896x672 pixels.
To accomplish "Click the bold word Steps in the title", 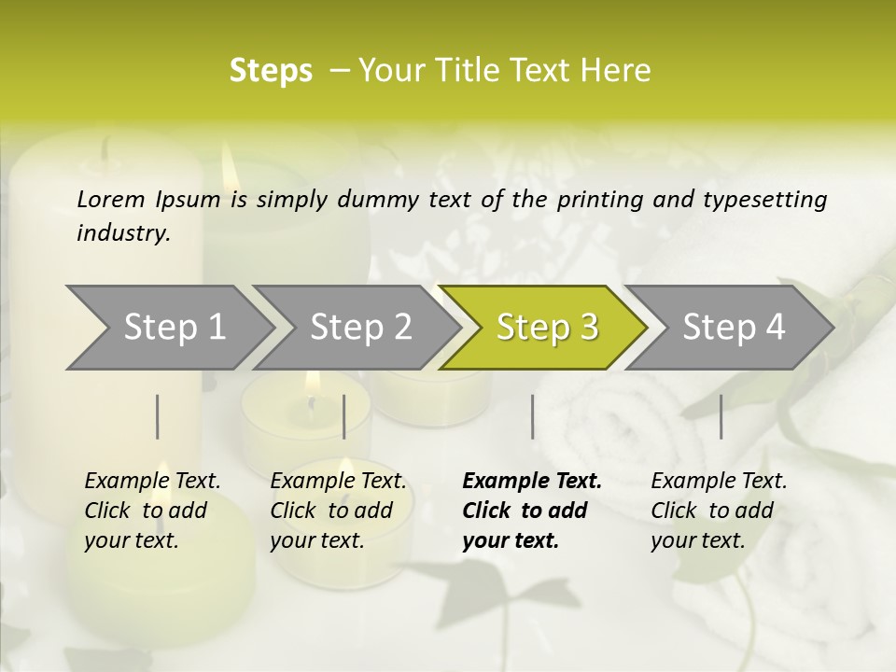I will pyautogui.click(x=271, y=71).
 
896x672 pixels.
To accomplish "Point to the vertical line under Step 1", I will pyautogui.click(x=158, y=416).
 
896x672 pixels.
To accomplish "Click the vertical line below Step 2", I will pyautogui.click(x=344, y=416).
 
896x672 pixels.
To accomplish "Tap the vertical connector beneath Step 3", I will pyautogui.click(x=532, y=416).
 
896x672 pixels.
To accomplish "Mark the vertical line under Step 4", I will pyautogui.click(x=721, y=416).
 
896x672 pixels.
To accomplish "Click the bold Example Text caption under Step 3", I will pyautogui.click(x=531, y=511).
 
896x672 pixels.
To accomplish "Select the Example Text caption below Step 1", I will pyautogui.click(x=152, y=511).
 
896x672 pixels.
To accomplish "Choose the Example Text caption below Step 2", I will pyautogui.click(x=338, y=511).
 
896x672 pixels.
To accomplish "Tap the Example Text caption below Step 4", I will pyautogui.click(x=719, y=511).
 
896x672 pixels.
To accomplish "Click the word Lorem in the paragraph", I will pyautogui.click(x=111, y=200).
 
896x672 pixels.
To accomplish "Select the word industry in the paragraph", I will pyautogui.click(x=122, y=233).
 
